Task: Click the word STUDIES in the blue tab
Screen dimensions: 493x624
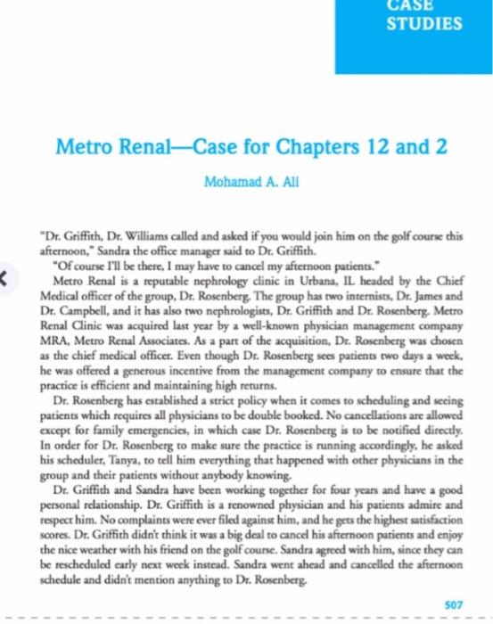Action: coord(423,24)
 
